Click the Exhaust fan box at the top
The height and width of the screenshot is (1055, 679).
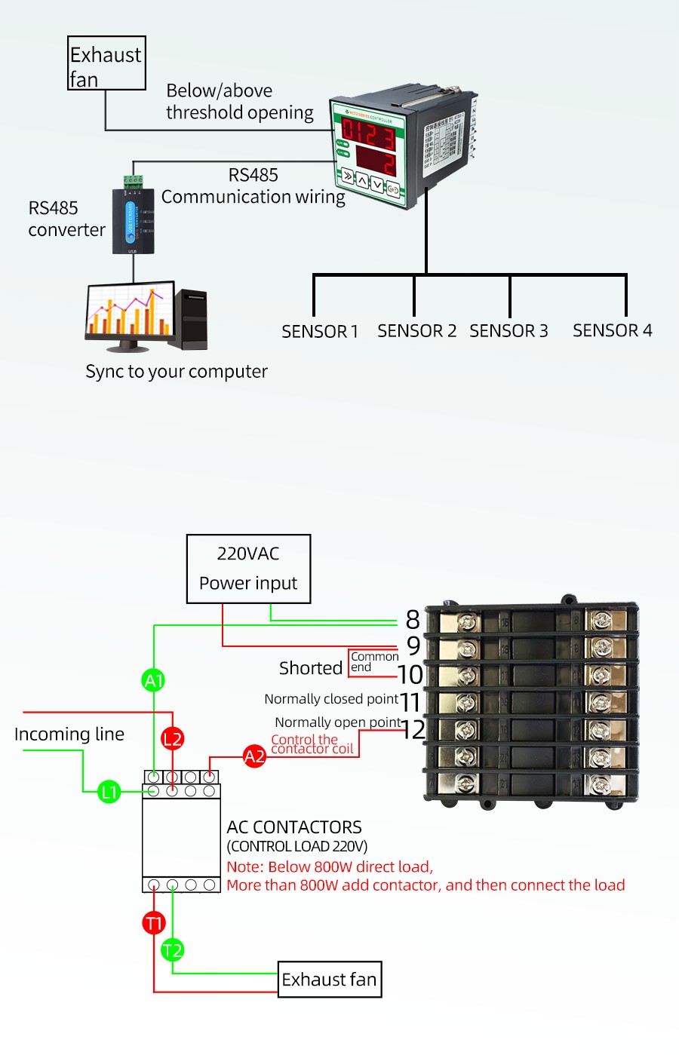[x=106, y=63]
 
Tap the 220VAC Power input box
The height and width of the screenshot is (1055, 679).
[x=248, y=569]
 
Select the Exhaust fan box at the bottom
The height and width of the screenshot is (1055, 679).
[x=330, y=979]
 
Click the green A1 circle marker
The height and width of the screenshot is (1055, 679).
[x=154, y=680]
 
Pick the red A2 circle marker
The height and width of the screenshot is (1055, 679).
[x=254, y=756]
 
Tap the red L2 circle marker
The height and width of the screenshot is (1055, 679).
[x=173, y=738]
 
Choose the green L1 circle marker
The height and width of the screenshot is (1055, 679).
[x=109, y=792]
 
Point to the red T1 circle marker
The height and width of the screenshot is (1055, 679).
[x=154, y=922]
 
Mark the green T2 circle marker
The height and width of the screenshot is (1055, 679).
[x=173, y=950]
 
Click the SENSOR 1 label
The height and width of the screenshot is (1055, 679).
[x=320, y=332]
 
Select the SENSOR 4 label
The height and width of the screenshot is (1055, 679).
[x=612, y=330]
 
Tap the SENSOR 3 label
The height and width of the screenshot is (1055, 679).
[x=508, y=331]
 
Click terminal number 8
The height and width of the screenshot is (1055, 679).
[x=413, y=620]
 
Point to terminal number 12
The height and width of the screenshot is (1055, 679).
[x=413, y=729]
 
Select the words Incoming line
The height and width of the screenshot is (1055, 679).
[x=69, y=734]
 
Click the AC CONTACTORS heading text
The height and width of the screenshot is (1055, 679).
[x=294, y=827]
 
